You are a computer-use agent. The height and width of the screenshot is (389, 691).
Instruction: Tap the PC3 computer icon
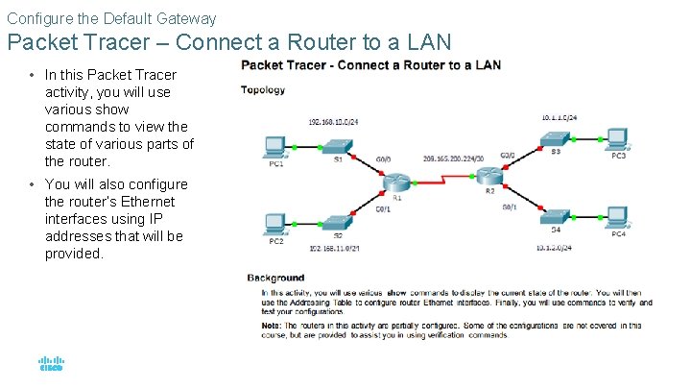(x=618, y=136)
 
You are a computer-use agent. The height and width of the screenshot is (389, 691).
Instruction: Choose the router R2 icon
(x=492, y=176)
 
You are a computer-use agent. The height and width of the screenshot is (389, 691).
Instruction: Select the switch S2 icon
(x=338, y=222)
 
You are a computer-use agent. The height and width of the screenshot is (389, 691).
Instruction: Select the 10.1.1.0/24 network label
(x=559, y=116)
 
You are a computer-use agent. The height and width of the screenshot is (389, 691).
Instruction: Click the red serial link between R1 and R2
(x=444, y=179)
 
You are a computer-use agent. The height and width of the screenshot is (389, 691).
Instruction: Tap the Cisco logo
(x=50, y=365)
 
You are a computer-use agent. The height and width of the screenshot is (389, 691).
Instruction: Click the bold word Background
(x=275, y=278)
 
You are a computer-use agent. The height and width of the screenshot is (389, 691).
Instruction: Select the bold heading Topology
(x=262, y=92)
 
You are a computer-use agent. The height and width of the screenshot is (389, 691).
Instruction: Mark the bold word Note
(x=272, y=325)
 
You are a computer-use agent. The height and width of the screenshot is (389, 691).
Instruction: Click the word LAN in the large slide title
(x=422, y=43)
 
